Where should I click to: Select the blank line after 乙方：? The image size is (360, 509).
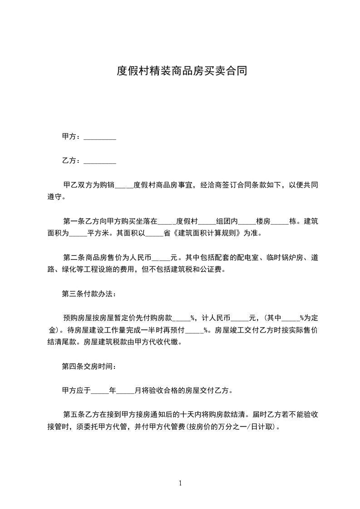(100, 161)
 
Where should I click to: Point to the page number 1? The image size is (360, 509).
(180, 483)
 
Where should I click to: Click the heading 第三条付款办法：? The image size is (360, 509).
(89, 294)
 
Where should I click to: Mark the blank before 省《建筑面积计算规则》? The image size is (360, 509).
(153, 234)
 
